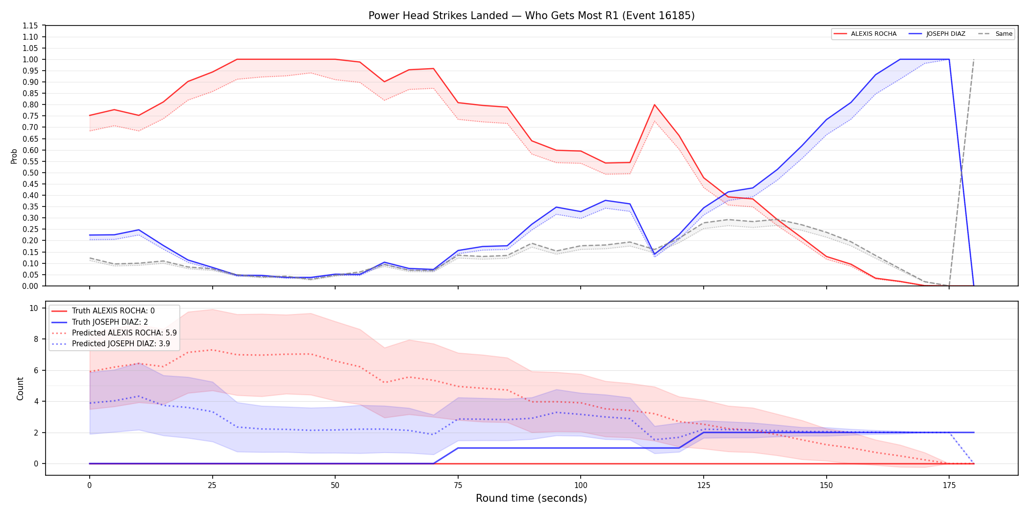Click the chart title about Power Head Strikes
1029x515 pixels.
[531, 16]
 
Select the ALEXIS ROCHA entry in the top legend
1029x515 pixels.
[865, 34]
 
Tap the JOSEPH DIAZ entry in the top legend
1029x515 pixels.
[937, 34]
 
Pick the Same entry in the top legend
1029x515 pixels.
[995, 34]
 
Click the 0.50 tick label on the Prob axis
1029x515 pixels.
[30, 173]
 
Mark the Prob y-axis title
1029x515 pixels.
[14, 156]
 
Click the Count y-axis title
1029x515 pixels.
[20, 388]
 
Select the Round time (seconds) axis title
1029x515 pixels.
[531, 498]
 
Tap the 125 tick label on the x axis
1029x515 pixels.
[704, 486]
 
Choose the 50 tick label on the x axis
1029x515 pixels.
[335, 486]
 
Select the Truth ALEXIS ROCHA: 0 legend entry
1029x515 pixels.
[103, 311]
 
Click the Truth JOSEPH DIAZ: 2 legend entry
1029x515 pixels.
[100, 322]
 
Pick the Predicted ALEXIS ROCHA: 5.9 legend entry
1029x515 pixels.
[114, 333]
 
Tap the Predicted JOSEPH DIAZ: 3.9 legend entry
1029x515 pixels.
[111, 344]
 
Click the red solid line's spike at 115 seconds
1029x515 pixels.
[655, 104]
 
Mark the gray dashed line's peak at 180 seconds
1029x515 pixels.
[974, 59]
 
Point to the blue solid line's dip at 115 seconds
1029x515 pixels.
[655, 255]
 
